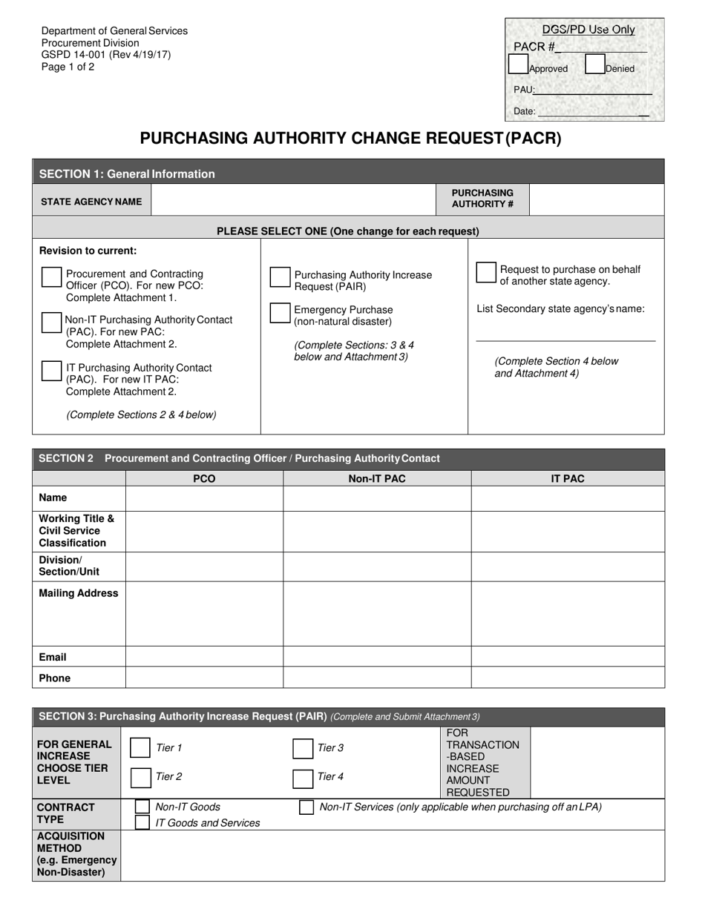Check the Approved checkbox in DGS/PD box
pos(518,65)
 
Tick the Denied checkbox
pos(594,65)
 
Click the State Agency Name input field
pos(293,200)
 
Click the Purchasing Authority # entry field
pos(597,200)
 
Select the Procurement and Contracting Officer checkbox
pos(51,277)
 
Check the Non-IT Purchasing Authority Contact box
pos(51,323)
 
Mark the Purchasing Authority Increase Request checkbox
pos(280,277)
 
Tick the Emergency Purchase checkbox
pos(280,313)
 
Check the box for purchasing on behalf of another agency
pos(486,272)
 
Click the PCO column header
pos(204,479)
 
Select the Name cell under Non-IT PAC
pos(377,498)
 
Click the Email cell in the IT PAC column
pos(568,656)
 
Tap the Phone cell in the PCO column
pos(204,678)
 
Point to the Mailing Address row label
pos(79,593)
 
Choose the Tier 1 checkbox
pos(140,748)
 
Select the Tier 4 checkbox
pos(303,778)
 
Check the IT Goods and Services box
pos(142,822)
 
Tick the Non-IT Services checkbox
pos(306,807)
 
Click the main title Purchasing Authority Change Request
pos(351,139)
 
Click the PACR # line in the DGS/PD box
pos(601,47)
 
